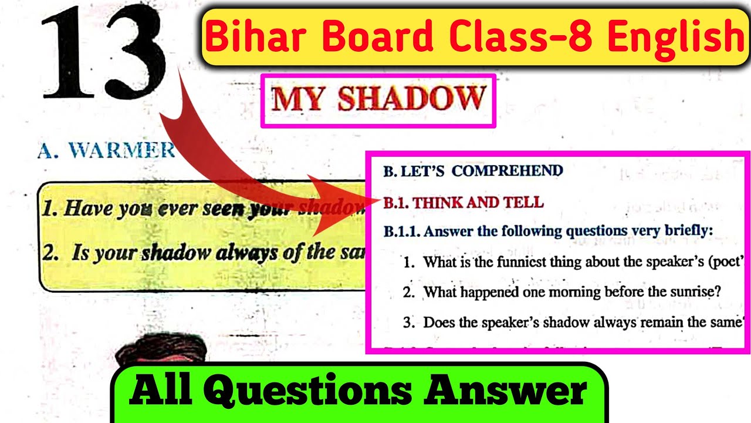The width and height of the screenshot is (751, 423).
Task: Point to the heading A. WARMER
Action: pos(106,150)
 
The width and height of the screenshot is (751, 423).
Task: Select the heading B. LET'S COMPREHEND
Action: pos(473,171)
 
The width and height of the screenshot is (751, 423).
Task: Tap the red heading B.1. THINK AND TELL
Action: pos(464,203)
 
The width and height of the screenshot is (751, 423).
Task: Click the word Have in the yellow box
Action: pos(87,208)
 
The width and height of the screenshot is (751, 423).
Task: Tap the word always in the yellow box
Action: pos(246,253)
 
